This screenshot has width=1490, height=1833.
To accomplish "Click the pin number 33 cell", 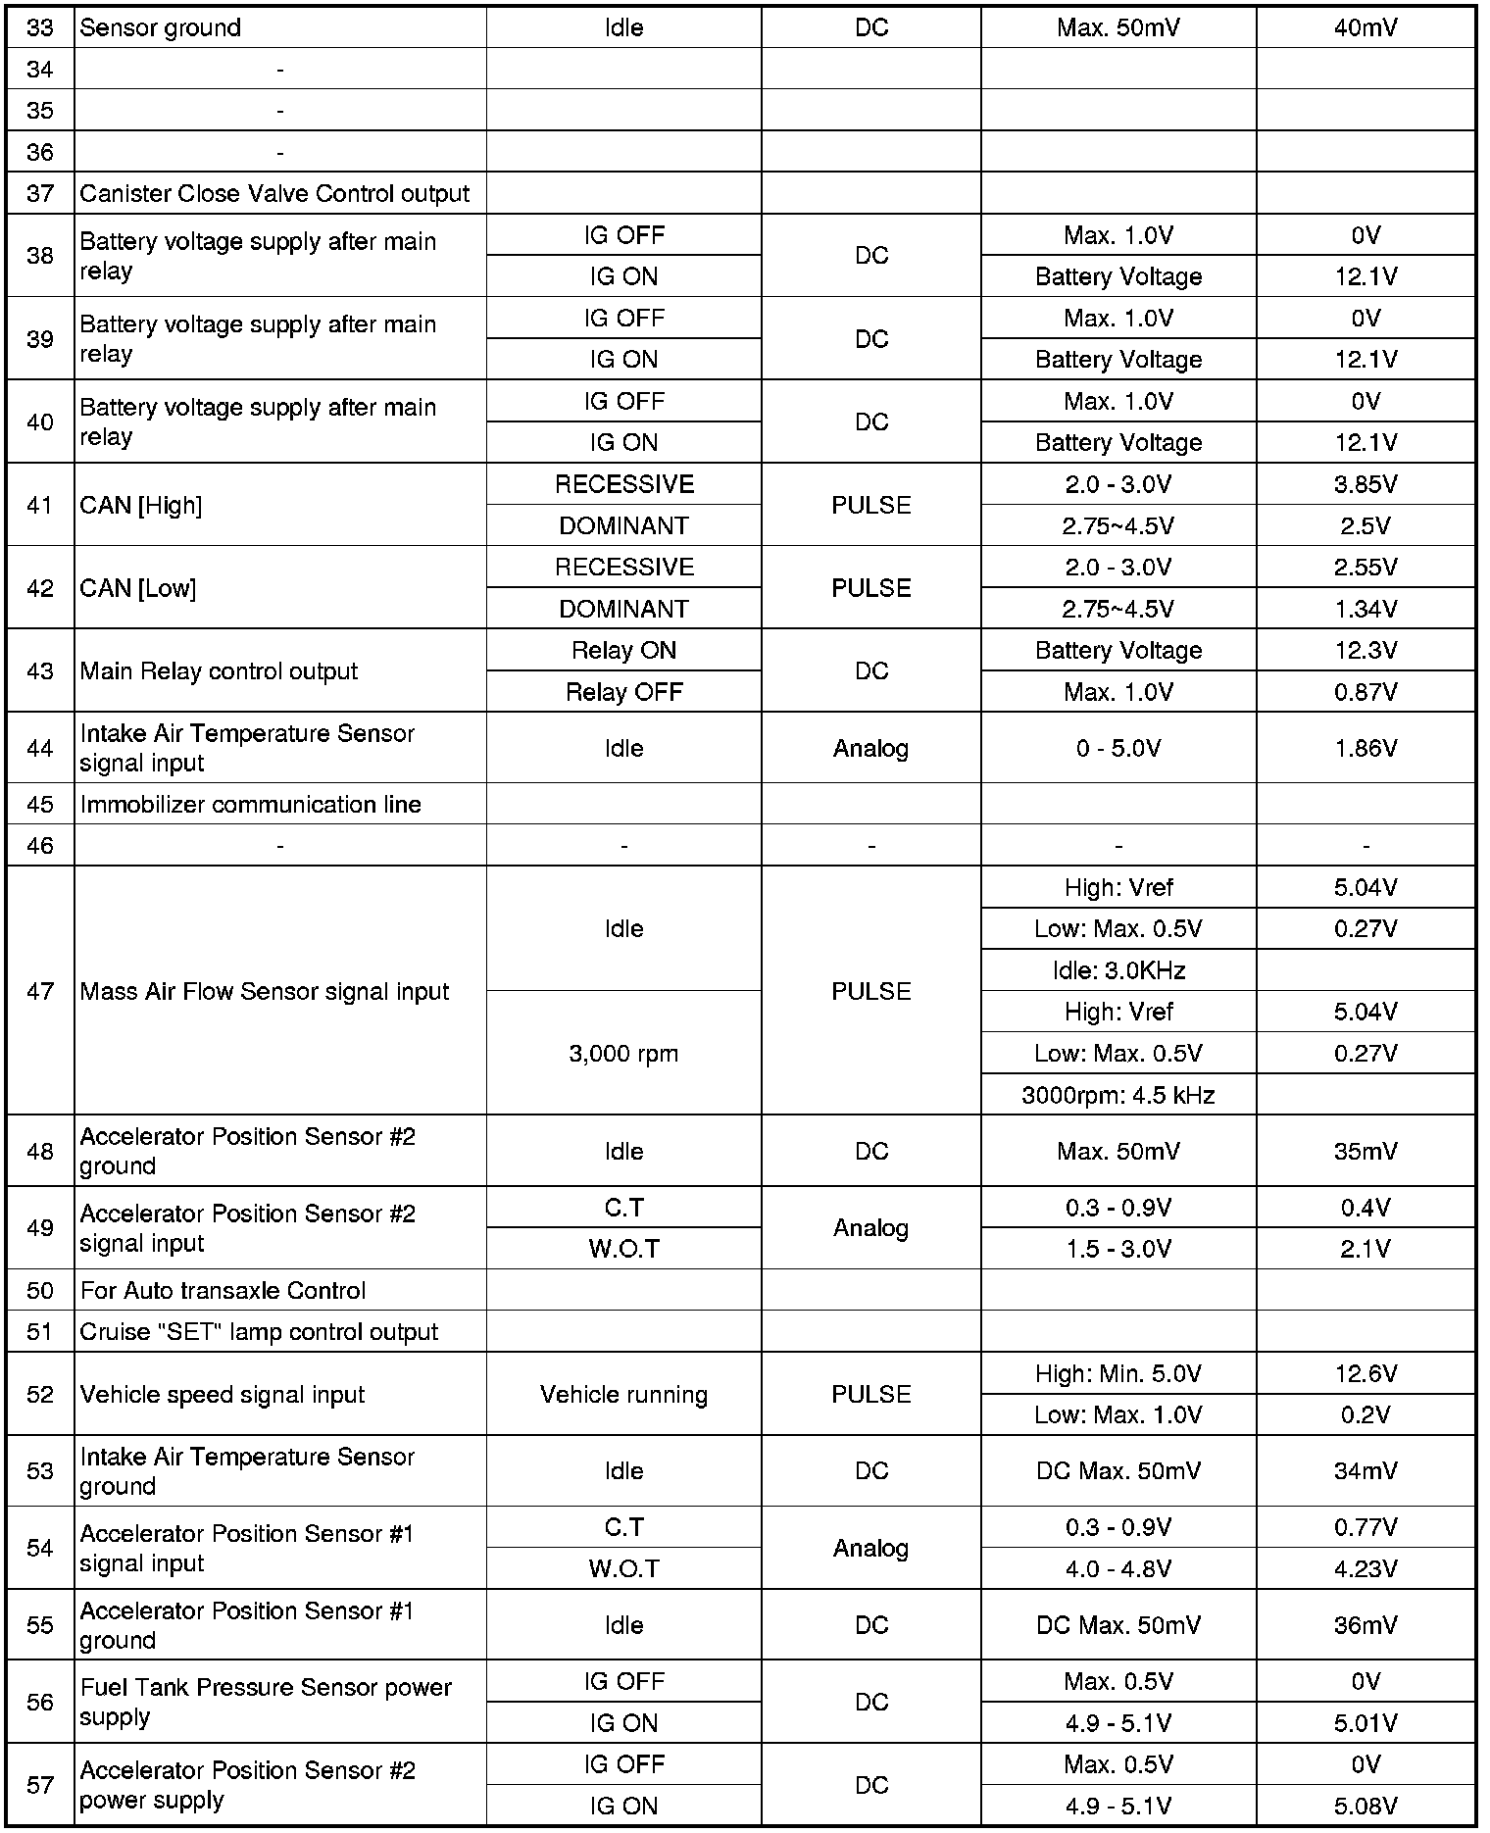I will pyautogui.click(x=40, y=27).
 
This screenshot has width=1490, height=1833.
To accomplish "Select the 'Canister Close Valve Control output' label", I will pyautogui.click(x=274, y=194).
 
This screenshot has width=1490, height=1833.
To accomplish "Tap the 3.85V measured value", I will pyautogui.click(x=1366, y=484).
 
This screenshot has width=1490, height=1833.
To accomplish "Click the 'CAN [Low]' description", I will pyautogui.click(x=138, y=588).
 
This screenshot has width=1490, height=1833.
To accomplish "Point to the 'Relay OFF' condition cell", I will pyautogui.click(x=623, y=692).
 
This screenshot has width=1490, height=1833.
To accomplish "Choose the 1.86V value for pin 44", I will pyautogui.click(x=1366, y=748).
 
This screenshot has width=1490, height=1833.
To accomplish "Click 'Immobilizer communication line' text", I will pyautogui.click(x=251, y=805).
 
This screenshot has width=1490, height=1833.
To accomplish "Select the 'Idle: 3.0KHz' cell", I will pyautogui.click(x=1118, y=970).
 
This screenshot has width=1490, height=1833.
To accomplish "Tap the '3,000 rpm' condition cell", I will pyautogui.click(x=623, y=1054).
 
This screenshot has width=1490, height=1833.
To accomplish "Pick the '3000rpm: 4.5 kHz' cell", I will pyautogui.click(x=1118, y=1095).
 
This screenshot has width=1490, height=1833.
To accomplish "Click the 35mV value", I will pyautogui.click(x=1366, y=1151).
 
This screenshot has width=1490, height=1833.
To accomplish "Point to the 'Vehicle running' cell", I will pyautogui.click(x=623, y=1395).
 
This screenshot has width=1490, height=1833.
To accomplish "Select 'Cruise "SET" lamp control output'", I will pyautogui.click(x=259, y=1332).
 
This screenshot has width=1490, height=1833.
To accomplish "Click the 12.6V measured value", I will pyautogui.click(x=1366, y=1373).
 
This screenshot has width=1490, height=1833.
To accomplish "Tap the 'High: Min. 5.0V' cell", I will pyautogui.click(x=1118, y=1373).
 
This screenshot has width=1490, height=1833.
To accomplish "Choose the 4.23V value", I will pyautogui.click(x=1366, y=1569).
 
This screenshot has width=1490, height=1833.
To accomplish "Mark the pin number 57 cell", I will pyautogui.click(x=40, y=1785).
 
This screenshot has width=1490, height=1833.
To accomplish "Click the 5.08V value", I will pyautogui.click(x=1366, y=1806).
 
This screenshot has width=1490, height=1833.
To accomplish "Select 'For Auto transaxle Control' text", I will pyautogui.click(x=223, y=1290).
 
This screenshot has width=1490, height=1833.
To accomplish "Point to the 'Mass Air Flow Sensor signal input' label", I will pyautogui.click(x=265, y=991).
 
